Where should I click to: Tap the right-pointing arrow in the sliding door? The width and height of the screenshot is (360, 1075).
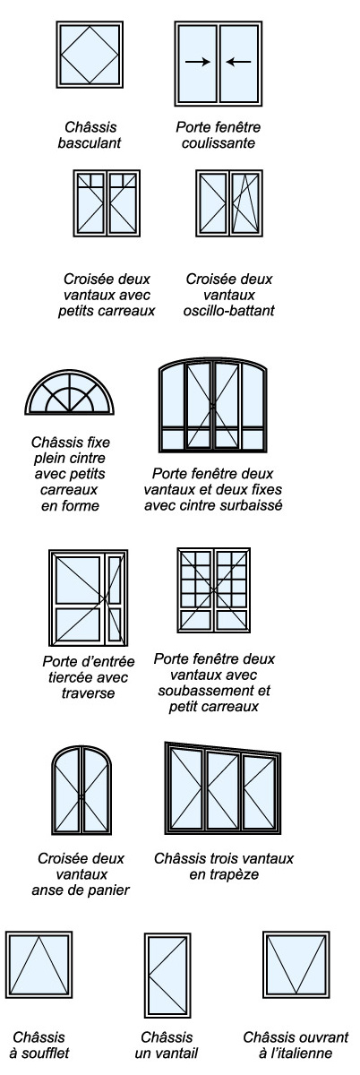pyautogui.click(x=195, y=62)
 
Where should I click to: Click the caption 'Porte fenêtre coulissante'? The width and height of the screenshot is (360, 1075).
pyautogui.click(x=217, y=134)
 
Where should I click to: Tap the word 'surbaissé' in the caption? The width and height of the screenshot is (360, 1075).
pyautogui.click(x=253, y=504)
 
